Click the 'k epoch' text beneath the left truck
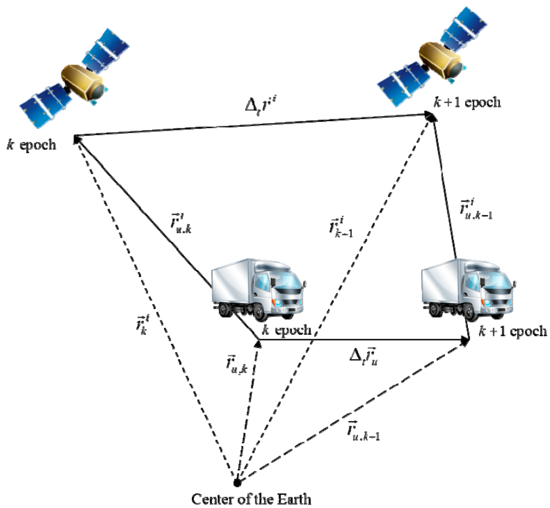[285, 329]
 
